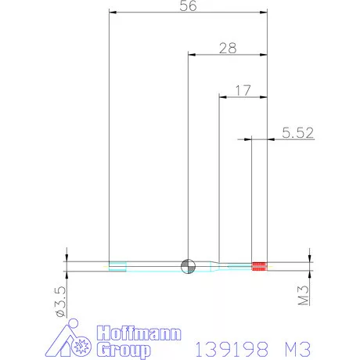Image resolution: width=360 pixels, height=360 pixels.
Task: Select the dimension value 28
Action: point(228,48)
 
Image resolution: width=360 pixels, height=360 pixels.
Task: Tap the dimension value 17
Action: point(243,91)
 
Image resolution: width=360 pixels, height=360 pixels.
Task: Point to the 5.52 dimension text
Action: point(297,133)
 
